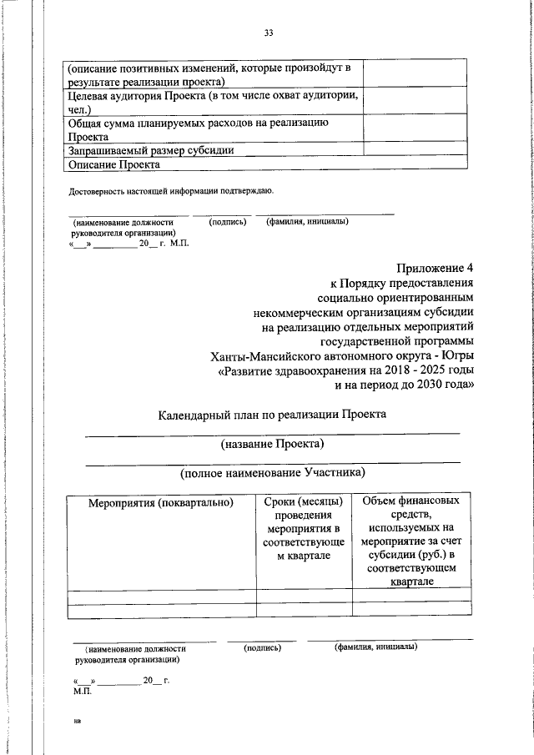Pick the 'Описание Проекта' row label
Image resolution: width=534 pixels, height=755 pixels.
click(113, 165)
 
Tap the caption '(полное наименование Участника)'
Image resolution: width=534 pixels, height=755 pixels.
click(272, 473)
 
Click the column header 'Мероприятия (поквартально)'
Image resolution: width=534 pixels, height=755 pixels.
click(161, 502)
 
